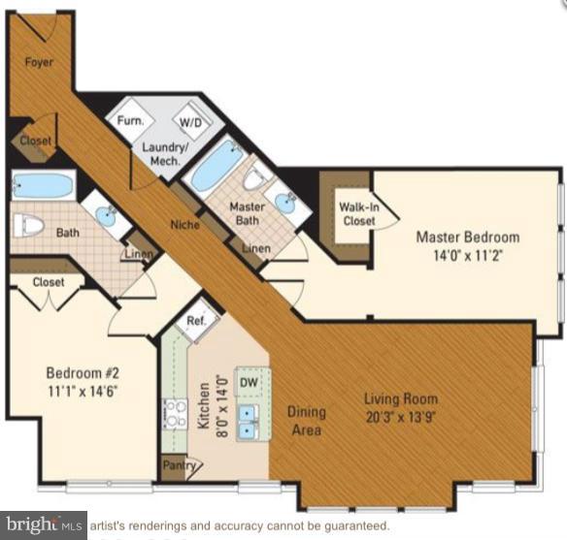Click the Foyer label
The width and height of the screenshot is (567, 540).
pos(40,62)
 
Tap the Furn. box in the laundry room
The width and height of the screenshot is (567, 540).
pos(131,121)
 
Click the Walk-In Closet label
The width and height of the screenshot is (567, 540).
pos(357,212)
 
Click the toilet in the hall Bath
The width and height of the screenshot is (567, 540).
pos(29,226)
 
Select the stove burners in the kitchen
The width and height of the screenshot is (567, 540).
pos(176,414)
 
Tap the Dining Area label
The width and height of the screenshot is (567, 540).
pos(307,420)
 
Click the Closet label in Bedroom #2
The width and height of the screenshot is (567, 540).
pos(48,282)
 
